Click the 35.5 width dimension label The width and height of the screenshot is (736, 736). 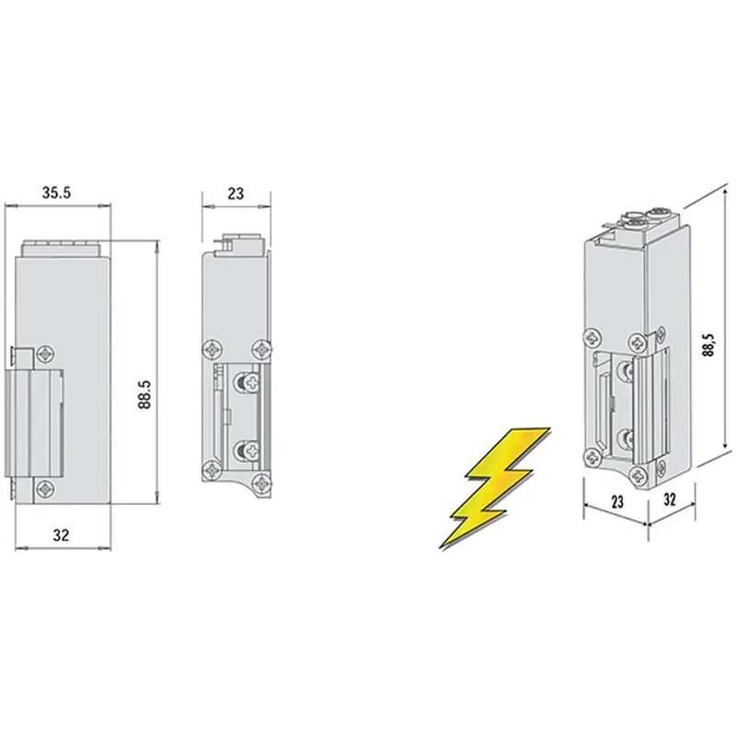pyautogui.click(x=56, y=192)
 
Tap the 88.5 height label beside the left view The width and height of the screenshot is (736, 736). pyautogui.click(x=145, y=395)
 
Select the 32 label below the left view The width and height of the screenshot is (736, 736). pyautogui.click(x=61, y=535)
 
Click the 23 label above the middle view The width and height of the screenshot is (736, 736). pyautogui.click(x=236, y=193)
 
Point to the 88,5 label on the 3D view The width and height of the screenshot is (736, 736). pyautogui.click(x=708, y=345)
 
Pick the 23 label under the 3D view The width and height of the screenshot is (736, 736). pyautogui.click(x=617, y=501)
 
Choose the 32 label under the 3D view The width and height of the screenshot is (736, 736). pyautogui.click(x=670, y=500)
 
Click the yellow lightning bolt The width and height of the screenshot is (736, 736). pyautogui.click(x=494, y=488)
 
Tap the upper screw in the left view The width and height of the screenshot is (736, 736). pyautogui.click(x=46, y=353)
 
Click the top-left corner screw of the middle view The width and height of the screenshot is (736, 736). pyautogui.click(x=213, y=350)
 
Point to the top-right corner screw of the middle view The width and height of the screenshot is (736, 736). pyautogui.click(x=262, y=350)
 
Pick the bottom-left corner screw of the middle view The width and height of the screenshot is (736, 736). pyautogui.click(x=213, y=470)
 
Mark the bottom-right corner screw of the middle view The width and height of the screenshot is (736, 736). pyautogui.click(x=262, y=482)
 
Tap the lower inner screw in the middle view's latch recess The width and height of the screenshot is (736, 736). pyautogui.click(x=247, y=451)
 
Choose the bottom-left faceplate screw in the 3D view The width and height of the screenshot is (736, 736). pyautogui.click(x=592, y=456)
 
